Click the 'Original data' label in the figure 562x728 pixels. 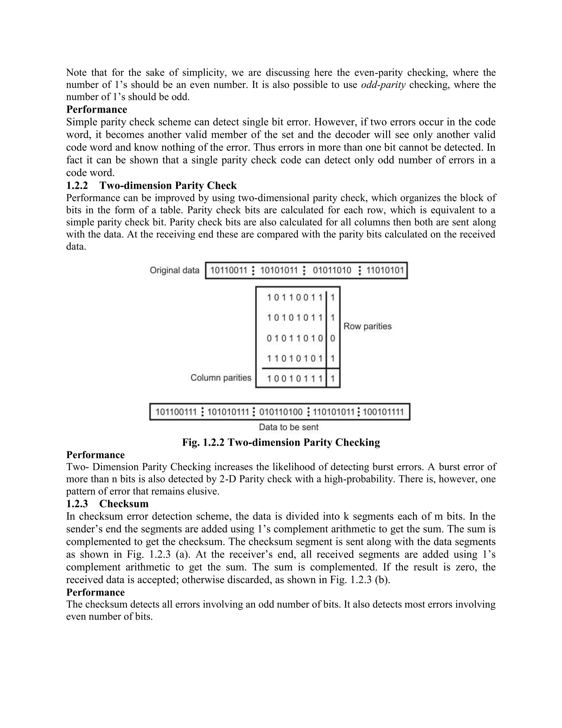174,270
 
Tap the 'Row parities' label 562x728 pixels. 367,326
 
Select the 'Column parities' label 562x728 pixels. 221,378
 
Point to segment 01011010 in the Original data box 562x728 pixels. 332,270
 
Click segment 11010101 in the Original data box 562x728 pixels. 385,270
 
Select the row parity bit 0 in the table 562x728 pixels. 333,338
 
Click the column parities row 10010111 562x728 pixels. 295,378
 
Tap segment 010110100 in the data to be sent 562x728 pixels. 281,412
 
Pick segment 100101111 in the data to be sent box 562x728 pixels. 383,412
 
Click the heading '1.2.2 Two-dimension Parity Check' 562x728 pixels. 151,185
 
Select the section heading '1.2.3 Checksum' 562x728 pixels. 107,503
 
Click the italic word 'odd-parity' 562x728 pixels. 383,85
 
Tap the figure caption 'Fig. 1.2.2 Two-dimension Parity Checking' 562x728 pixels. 281,442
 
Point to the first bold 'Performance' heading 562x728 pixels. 97,109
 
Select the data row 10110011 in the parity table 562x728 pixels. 295,297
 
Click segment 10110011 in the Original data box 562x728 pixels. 229,270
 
